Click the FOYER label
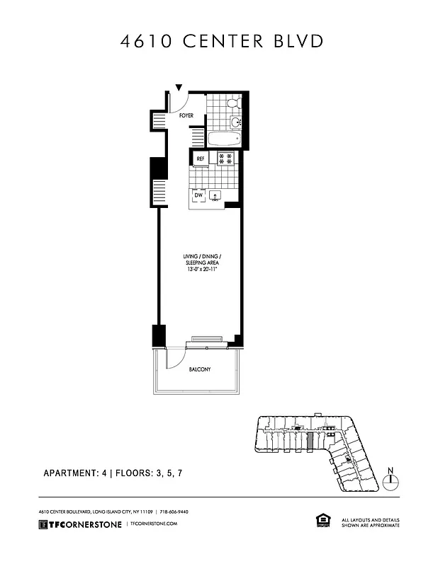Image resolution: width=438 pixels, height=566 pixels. tap(186, 115)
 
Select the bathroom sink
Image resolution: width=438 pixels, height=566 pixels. tap(237, 122)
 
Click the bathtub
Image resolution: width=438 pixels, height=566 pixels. tap(224, 138)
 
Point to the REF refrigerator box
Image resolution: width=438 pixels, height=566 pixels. tap(201, 159)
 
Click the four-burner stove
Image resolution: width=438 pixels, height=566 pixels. tap(226, 158)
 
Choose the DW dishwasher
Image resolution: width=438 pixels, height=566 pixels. tap(198, 196)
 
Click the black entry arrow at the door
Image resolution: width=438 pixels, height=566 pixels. tap(179, 88)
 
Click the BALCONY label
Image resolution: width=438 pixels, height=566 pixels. tap(199, 370)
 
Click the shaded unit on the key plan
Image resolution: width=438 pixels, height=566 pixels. tap(310, 440)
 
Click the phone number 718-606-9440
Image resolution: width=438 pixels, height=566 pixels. tap(174, 512)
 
